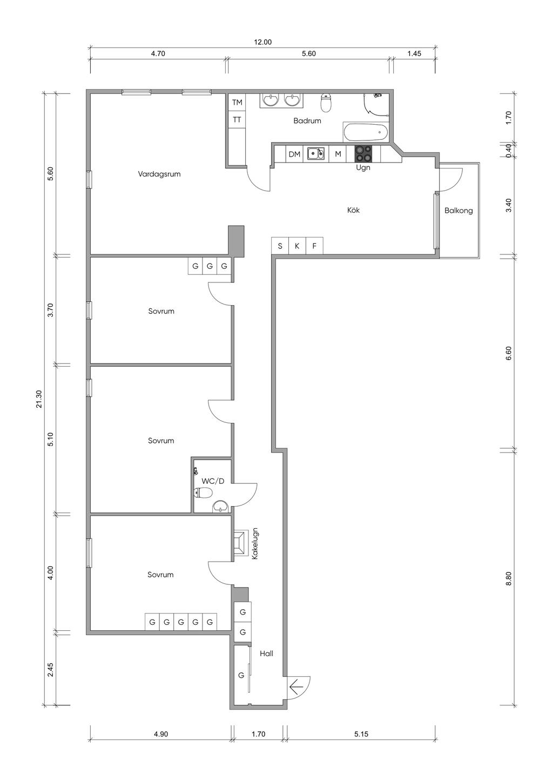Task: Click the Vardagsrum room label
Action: [159, 174]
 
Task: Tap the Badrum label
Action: [307, 121]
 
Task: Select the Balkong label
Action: [458, 211]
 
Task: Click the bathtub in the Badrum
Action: [366, 132]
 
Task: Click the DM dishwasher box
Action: [294, 154]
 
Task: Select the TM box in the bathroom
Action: [237, 102]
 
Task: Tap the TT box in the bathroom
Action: [237, 120]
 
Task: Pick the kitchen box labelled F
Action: [314, 246]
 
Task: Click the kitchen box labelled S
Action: [280, 246]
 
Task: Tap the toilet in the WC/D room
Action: [203, 493]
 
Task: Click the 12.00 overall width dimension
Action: [262, 42]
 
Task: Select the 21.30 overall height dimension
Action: [38, 399]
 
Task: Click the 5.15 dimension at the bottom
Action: [361, 734]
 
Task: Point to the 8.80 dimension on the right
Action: [508, 578]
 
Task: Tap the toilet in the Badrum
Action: [326, 103]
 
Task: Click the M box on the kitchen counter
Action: [338, 154]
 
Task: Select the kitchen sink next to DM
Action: [315, 153]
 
